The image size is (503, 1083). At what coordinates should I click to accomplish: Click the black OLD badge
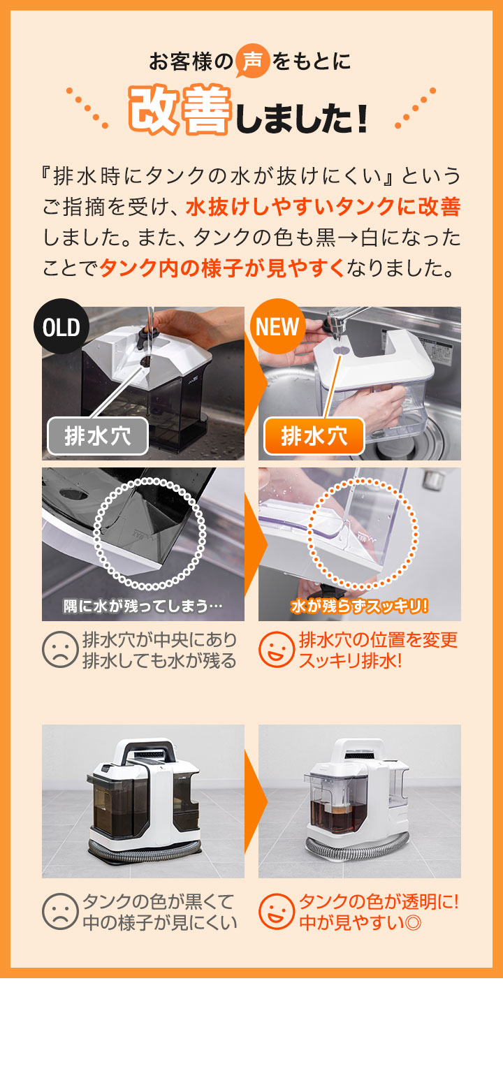coord(61,326)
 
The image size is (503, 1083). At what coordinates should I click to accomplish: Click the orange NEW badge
coord(278,326)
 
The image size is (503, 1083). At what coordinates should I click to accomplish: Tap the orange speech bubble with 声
coord(252,61)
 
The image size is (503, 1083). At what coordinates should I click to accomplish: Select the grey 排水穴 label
coord(98,436)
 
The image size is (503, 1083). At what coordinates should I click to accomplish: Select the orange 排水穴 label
coord(314,436)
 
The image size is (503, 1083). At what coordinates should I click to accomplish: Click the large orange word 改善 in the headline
coord(180,110)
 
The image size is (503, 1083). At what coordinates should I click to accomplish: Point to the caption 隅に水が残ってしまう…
coord(143,606)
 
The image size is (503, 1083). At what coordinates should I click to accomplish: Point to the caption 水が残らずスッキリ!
coord(360,606)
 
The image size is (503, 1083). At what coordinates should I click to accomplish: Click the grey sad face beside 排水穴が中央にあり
coord(60,649)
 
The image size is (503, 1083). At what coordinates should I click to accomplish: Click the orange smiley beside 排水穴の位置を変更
coord(277,649)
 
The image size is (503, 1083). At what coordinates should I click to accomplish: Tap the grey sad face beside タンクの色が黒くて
coord(60,911)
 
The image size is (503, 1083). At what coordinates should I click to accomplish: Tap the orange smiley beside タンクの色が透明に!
coord(277,911)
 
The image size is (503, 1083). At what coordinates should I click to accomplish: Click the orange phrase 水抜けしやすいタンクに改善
coord(323,206)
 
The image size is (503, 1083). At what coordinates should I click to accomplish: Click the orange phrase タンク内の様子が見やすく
coord(222,268)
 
